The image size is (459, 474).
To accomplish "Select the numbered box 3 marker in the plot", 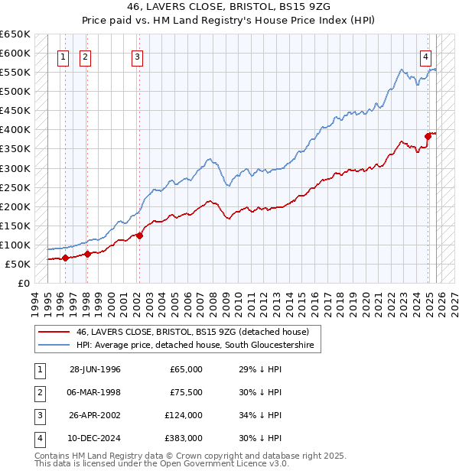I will pyautogui.click(x=137, y=56).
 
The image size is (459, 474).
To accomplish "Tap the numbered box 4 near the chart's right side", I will pyautogui.click(x=425, y=56).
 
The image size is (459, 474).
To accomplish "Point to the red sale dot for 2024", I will pyautogui.click(x=428, y=136).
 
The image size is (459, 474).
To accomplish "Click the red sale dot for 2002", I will pyautogui.click(x=139, y=235).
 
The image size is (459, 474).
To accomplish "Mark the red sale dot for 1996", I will pyautogui.click(x=65, y=258).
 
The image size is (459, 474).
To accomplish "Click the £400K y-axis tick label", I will pyautogui.click(x=15, y=129).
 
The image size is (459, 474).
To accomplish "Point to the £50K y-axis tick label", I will pyautogui.click(x=18, y=264).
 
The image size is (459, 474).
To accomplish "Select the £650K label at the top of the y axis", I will pyautogui.click(x=15, y=34).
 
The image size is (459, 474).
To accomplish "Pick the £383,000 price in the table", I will pyautogui.click(x=184, y=438).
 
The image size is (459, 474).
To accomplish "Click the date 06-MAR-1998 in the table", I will pyautogui.click(x=95, y=392).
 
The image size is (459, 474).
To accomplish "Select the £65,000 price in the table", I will pyautogui.click(x=186, y=369).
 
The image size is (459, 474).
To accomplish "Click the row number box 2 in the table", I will pyautogui.click(x=39, y=392).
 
